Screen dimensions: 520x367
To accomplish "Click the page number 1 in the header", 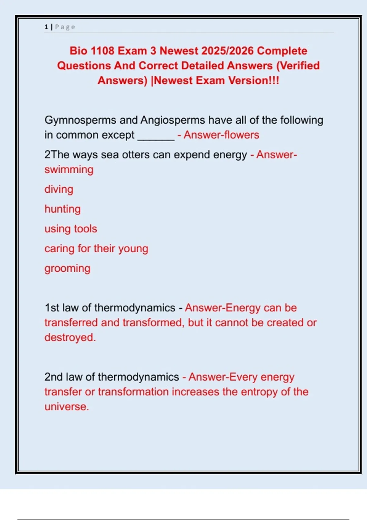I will tap(46, 27).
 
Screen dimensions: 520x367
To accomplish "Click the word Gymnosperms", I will tap(80, 120).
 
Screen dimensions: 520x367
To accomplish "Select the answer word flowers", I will tap(242, 135).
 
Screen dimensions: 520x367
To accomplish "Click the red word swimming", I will tap(69, 170).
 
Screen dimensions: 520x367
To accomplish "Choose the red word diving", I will tap(59, 189).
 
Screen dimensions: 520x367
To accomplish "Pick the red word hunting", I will tap(62, 209).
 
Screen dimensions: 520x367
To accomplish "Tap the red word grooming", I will tap(67, 269).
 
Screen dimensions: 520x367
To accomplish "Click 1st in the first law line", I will tap(52, 308).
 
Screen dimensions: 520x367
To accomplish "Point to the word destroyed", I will tap(70, 337).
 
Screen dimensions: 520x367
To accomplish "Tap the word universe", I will tap(66, 407).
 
